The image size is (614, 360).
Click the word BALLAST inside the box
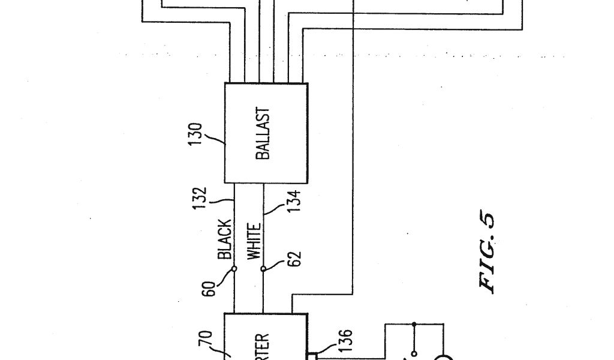(263, 133)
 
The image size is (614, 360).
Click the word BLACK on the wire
(225, 239)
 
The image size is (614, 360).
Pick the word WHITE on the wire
(254, 241)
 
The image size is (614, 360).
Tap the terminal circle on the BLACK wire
(234, 269)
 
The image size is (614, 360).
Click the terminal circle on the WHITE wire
(263, 269)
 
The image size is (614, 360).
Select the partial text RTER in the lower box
(263, 346)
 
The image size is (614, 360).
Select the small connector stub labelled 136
(311, 356)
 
